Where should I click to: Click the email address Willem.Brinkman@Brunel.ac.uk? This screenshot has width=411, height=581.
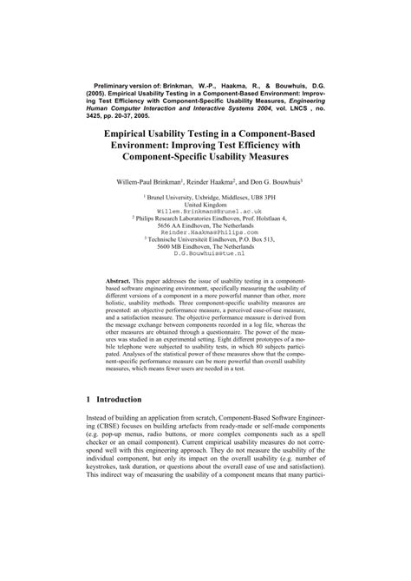coord(205,211)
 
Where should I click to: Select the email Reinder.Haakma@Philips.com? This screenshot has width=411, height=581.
coord(205,233)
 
